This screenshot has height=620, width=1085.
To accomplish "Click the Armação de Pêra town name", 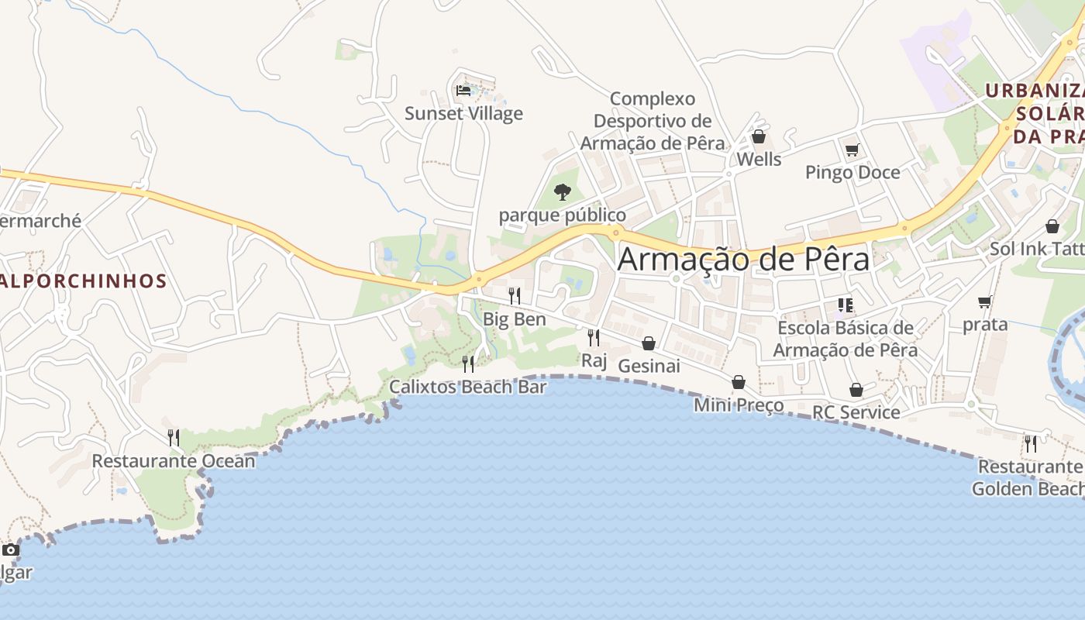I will (x=743, y=259).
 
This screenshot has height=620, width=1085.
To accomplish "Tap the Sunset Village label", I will (x=463, y=114).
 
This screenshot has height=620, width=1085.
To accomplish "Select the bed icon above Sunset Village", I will (x=463, y=90).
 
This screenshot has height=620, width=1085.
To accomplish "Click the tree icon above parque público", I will (x=563, y=191).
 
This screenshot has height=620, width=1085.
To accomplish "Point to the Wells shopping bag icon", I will (x=759, y=137).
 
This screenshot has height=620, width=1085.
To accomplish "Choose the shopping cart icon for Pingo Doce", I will (x=852, y=150).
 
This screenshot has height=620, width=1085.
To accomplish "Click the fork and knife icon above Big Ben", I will (x=514, y=296).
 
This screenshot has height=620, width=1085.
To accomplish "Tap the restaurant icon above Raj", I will (x=594, y=337).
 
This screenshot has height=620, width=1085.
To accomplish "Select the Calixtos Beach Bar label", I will (x=468, y=387).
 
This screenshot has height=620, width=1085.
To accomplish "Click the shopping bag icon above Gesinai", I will (x=649, y=343).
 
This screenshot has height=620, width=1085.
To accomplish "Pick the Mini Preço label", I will (x=739, y=405).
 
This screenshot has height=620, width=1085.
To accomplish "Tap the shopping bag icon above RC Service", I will (x=856, y=390).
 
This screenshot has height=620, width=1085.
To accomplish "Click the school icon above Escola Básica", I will (x=845, y=305).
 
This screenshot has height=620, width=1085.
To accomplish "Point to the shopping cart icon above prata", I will (x=985, y=301).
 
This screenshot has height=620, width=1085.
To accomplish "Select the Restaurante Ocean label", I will (x=174, y=461).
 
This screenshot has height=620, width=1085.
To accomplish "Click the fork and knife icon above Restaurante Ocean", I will (x=174, y=438).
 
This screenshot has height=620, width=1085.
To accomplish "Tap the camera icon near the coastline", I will (x=10, y=550).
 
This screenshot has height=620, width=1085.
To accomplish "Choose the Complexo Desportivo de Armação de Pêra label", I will (x=653, y=121).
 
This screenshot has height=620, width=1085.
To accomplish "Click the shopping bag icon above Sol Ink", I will (x=1052, y=226).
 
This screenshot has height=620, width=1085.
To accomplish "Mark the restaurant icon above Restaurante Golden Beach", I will (x=1031, y=443).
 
